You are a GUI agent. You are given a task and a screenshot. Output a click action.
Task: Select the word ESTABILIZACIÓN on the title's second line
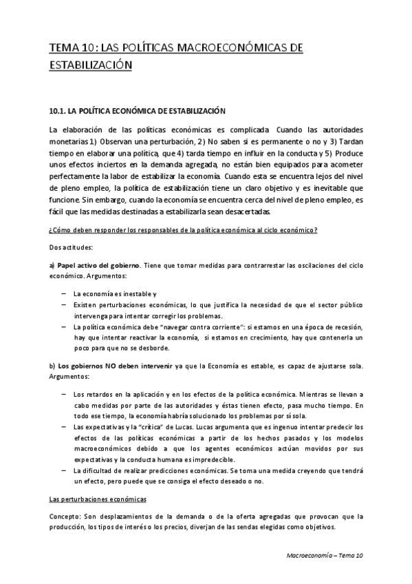(89, 65)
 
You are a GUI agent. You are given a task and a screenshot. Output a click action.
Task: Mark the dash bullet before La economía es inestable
(63, 293)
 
